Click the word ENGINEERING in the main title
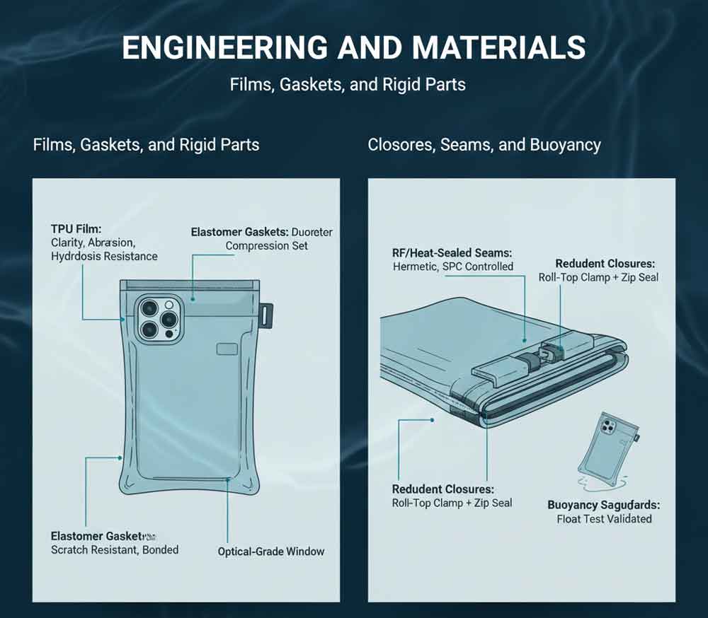tap(224, 48)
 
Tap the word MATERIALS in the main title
tap(499, 48)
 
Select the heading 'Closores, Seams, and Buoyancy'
tap(484, 145)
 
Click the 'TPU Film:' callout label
tap(76, 229)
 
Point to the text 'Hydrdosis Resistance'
tap(104, 256)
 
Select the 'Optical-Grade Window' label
tap(270, 552)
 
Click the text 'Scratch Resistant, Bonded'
tap(115, 549)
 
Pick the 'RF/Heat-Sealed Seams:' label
tap(452, 252)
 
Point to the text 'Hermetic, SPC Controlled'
tap(452, 267)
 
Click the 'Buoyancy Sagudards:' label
tap(603, 505)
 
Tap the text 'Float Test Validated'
tap(604, 519)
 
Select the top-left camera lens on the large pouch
tap(149, 308)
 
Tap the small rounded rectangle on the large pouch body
tap(227, 349)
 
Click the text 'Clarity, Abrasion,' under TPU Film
tap(93, 243)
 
